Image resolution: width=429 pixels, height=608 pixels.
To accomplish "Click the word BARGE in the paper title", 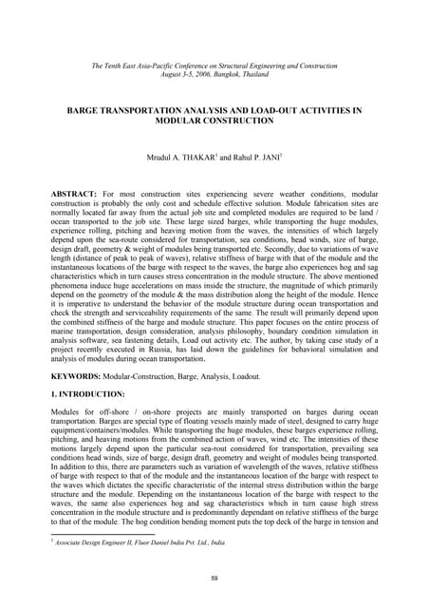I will (86, 111).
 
